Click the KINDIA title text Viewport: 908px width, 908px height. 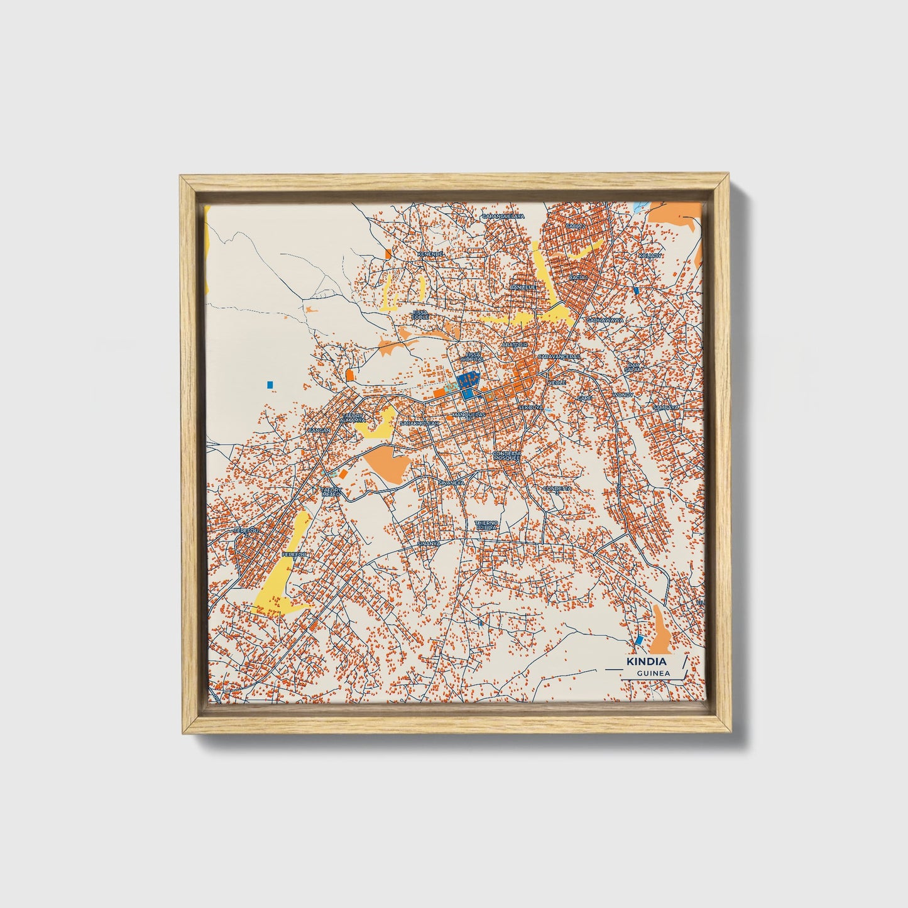coord(647,662)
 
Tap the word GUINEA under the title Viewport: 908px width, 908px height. coord(653,673)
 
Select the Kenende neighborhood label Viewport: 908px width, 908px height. coord(430,254)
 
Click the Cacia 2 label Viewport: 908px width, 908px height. coord(575,226)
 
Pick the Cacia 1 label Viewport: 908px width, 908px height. coord(577,277)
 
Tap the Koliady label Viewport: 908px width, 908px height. coord(650,256)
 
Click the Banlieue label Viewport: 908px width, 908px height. coord(523,287)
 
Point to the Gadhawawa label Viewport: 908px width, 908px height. coord(605,320)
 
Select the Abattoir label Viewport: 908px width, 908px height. coord(515,345)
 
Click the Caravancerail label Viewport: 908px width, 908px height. coord(559,356)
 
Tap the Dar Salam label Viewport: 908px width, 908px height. coord(633,368)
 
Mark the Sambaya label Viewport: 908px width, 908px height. coord(665,407)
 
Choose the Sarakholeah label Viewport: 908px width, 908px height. coord(420,423)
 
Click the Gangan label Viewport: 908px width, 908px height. coord(318,430)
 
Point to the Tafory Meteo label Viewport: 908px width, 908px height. coord(331,492)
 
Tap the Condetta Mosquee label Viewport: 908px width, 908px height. coord(506,456)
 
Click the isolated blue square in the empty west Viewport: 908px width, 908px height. coord(270,384)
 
